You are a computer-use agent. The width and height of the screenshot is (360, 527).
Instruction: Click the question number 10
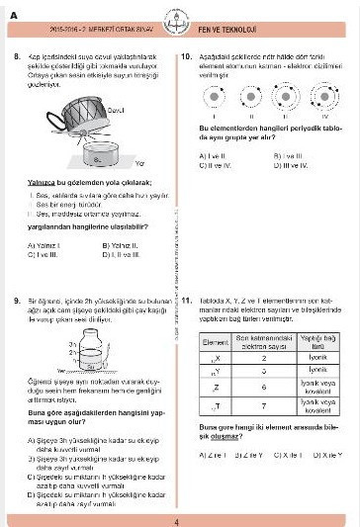[x=188, y=59]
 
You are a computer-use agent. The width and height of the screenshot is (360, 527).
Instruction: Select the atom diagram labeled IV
[x=318, y=101]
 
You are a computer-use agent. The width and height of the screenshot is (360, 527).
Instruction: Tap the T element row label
[x=215, y=404]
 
